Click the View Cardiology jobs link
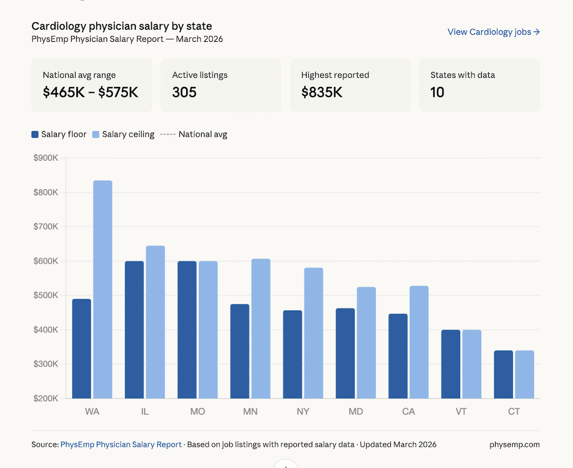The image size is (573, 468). tap(493, 32)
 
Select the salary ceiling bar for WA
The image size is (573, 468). tap(103, 289)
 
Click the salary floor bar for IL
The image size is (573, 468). tap(134, 330)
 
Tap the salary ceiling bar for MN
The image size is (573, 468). tap(261, 328)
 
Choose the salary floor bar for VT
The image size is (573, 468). tap(450, 364)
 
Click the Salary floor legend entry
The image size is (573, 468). tap(59, 134)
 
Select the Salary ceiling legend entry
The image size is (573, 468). tap(123, 134)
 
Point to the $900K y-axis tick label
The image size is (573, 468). tap(46, 158)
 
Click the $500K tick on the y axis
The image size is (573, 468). tap(46, 296)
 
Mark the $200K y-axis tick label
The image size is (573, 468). tap(46, 398)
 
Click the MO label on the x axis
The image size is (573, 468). tap(198, 412)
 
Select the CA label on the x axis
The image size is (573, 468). tap(409, 412)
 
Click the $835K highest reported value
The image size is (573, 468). tap(321, 92)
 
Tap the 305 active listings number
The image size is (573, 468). tap(184, 92)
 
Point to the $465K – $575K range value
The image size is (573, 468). tap(91, 92)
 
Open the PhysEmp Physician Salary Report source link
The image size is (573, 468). tap(121, 445)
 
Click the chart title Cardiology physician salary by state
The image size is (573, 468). tap(121, 26)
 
